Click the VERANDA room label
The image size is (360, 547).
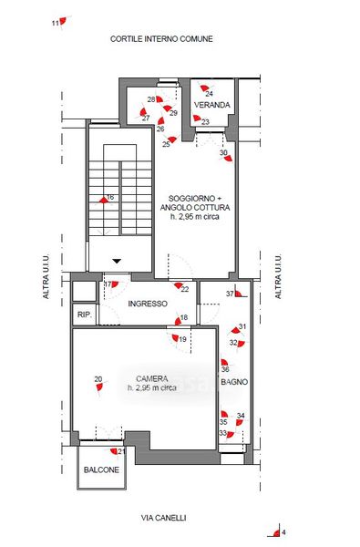click(211, 105)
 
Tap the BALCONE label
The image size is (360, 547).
click(101, 470)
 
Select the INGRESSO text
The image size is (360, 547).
click(148, 304)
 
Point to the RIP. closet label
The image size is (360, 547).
click(85, 315)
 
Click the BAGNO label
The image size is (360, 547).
click(234, 382)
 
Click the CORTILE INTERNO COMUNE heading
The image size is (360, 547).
click(161, 38)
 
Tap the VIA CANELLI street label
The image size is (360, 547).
click(163, 518)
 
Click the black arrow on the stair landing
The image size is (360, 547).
click(117, 261)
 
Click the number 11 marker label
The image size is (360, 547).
click(55, 24)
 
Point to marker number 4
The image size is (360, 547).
click(283, 532)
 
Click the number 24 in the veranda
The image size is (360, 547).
click(209, 94)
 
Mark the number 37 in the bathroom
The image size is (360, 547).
click(230, 294)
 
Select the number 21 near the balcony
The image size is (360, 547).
click(121, 452)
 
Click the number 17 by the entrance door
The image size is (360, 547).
click(108, 284)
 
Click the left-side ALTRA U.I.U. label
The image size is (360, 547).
click(46, 276)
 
